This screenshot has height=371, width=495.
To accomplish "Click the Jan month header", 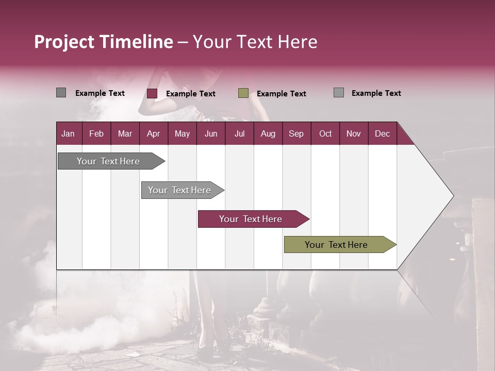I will pos(68,133).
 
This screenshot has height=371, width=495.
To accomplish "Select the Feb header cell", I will pos(96,133).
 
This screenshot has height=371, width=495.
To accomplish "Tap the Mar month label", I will pos(125,133).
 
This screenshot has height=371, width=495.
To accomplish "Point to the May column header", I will pos(182,133).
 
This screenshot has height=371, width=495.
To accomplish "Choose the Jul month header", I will pos(239,133).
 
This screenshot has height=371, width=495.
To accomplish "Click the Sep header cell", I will pos(296,133).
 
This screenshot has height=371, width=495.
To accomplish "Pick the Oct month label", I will pos(325,133).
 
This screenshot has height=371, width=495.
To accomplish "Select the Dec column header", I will pos(382,133).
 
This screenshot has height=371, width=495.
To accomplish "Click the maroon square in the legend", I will pos(152,93).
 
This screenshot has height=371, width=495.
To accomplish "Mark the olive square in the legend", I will pos(243,93).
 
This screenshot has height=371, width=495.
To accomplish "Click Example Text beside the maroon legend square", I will pos(191,94).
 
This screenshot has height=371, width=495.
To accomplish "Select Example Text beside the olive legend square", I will pos(282,94).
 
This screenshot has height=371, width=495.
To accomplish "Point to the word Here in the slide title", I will pos(298,42).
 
